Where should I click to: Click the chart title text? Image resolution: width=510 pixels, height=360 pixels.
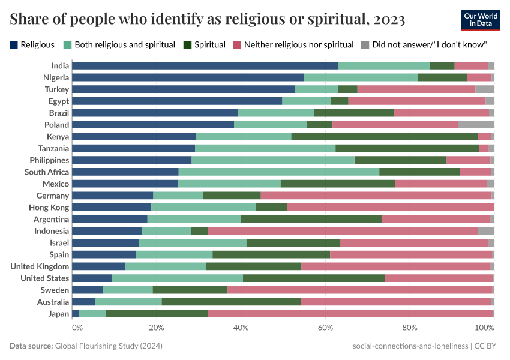(x=207, y=20)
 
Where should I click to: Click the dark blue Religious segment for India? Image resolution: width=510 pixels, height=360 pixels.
(x=205, y=65)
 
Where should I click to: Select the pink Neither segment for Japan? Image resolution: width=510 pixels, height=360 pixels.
(x=350, y=314)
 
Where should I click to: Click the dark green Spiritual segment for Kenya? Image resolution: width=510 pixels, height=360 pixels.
(x=384, y=136)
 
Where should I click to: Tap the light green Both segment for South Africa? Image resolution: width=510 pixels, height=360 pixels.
(x=279, y=172)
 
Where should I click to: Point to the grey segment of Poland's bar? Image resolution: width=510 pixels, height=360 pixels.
(x=476, y=125)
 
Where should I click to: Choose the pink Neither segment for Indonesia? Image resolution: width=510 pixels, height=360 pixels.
(x=343, y=231)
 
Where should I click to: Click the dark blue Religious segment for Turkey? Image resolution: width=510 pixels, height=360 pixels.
(x=184, y=89)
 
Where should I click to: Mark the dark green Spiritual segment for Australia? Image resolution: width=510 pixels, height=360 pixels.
(x=231, y=302)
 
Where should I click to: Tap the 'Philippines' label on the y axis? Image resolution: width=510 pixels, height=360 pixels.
(x=49, y=160)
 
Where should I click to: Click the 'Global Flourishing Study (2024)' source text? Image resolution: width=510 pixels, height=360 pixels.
(x=109, y=346)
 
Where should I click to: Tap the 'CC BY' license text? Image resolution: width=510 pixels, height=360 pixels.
(x=487, y=346)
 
